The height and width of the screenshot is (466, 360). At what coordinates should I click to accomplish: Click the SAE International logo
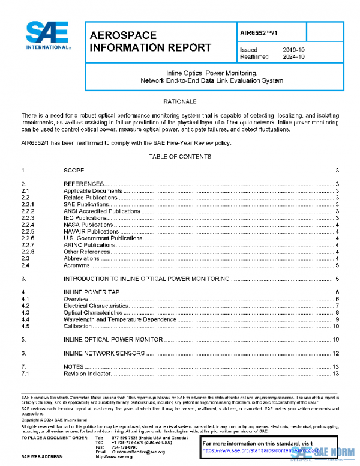tap(46, 37)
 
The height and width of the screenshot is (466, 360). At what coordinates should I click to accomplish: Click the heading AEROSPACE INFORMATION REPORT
tap(149, 41)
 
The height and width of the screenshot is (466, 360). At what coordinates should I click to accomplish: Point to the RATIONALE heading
tap(180, 101)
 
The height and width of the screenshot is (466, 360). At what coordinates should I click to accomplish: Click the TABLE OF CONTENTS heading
tap(180, 157)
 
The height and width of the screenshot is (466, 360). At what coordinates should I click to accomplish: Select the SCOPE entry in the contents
tap(74, 171)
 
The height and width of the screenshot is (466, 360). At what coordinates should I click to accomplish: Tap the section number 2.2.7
tap(28, 245)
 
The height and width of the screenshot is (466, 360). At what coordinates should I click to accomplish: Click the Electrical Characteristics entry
tap(97, 306)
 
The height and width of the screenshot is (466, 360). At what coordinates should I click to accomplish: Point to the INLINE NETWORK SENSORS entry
tap(105, 353)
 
